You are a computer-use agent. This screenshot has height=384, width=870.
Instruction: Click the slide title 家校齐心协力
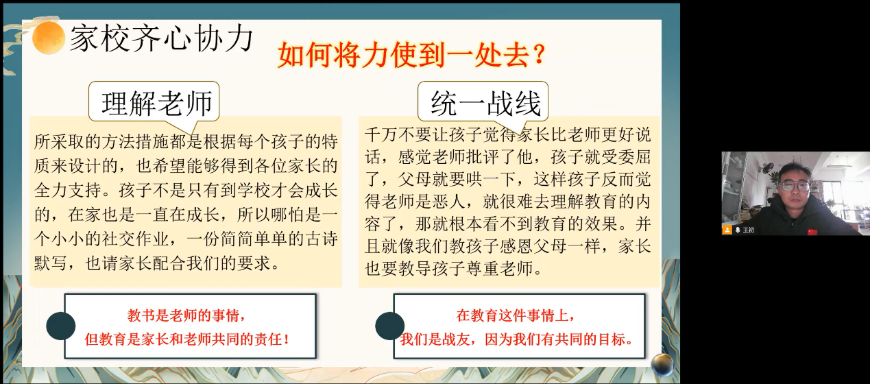162,39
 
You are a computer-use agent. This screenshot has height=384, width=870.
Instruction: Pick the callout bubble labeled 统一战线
486,103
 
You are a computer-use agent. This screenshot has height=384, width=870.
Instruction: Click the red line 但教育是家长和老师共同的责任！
186,338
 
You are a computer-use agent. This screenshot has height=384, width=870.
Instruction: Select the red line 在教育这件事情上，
516,316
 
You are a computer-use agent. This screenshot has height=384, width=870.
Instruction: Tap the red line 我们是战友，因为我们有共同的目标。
516,338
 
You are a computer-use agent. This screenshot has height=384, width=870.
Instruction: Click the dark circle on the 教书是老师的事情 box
60,325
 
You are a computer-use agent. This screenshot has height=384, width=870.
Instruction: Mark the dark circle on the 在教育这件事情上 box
389,325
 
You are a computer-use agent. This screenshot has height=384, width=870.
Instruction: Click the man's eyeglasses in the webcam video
795,186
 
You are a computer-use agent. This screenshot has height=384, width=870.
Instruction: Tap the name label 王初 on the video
748,230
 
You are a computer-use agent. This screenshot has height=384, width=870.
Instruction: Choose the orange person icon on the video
727,230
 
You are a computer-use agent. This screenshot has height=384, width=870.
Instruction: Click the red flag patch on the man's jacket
813,231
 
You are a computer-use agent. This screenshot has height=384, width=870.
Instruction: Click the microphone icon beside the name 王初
738,230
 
